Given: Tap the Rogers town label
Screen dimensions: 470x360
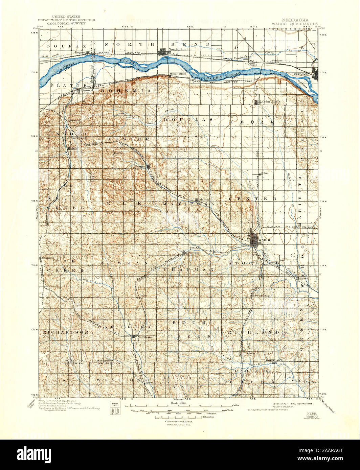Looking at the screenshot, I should pyautogui.click(x=80, y=52).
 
